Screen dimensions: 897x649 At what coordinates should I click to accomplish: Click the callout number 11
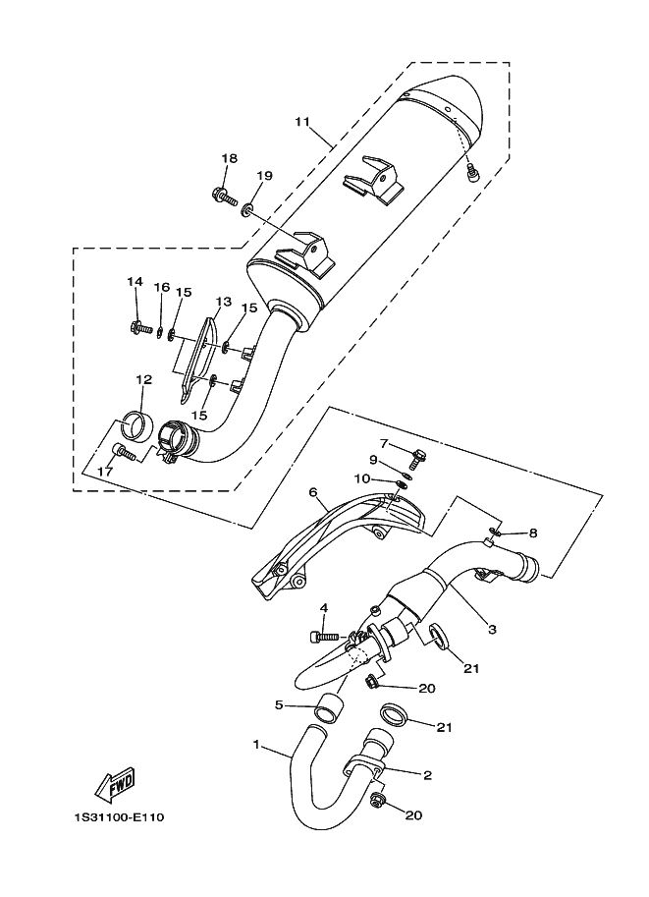click(x=301, y=122)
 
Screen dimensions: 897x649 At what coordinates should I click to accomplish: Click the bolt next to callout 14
click(x=138, y=324)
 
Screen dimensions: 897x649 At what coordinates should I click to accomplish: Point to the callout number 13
click(x=223, y=302)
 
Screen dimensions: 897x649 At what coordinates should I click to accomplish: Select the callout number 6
click(x=313, y=492)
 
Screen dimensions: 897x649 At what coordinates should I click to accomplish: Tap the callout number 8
click(x=533, y=533)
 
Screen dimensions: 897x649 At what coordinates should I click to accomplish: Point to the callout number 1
click(x=256, y=745)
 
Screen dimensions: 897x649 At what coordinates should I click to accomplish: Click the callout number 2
click(x=427, y=774)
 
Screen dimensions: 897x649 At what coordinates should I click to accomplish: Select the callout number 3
click(x=492, y=628)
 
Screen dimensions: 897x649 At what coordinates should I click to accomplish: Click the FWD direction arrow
click(x=114, y=784)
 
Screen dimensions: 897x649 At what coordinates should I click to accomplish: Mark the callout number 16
click(x=161, y=287)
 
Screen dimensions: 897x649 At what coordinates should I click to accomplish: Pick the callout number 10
click(x=360, y=478)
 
